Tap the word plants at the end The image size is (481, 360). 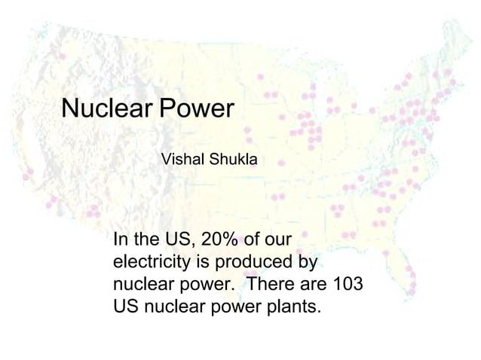(290, 309)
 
